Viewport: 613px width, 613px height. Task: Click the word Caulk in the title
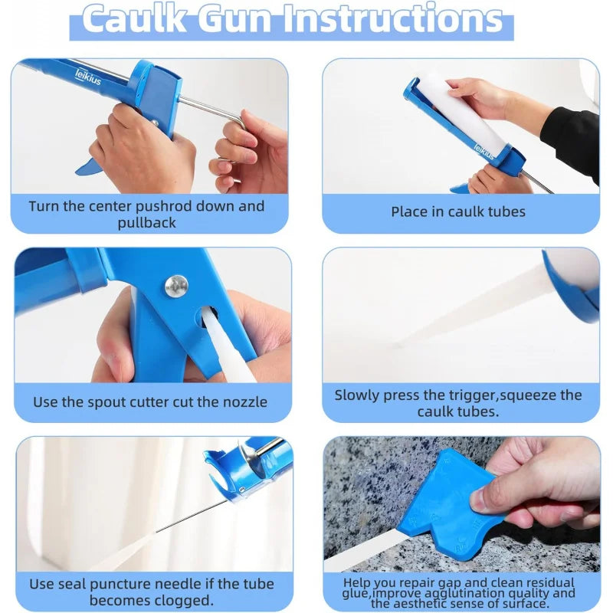coord(135,18)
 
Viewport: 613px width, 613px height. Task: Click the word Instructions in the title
coord(393,18)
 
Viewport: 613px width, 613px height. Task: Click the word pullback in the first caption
coord(146,223)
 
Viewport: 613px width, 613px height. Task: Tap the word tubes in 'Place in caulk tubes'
coord(506,211)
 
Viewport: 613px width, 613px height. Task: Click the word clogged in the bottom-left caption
coord(182,601)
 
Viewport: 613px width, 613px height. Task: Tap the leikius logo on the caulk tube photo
coord(484,151)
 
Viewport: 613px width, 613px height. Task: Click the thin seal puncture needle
coord(192,516)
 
